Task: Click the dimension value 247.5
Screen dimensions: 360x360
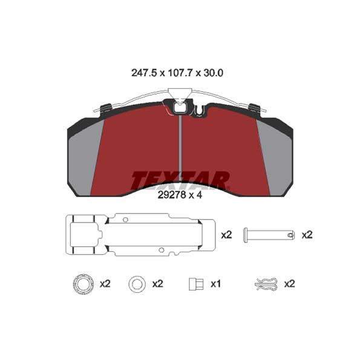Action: pyautogui.click(x=144, y=73)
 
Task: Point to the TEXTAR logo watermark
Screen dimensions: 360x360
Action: pyautogui.click(x=180, y=180)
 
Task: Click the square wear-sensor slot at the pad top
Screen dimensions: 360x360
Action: pyautogui.click(x=180, y=108)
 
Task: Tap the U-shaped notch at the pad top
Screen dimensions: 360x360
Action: pyautogui.click(x=200, y=111)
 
